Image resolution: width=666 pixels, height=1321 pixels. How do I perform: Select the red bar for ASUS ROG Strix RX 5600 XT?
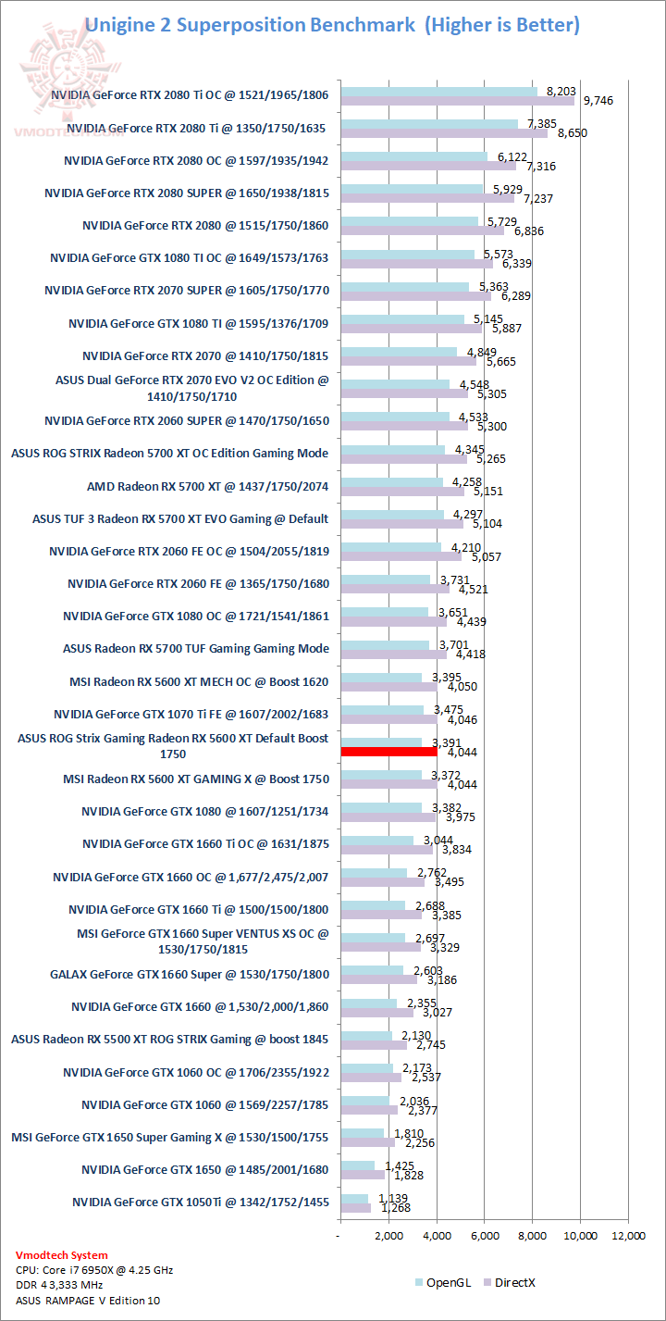click(x=388, y=752)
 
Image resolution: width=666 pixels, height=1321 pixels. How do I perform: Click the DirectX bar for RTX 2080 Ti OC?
click(x=457, y=100)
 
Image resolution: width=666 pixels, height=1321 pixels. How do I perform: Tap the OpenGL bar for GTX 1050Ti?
click(x=354, y=1198)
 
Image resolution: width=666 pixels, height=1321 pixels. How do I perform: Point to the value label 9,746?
click(x=597, y=100)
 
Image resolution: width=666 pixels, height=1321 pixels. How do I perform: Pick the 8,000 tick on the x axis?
click(x=533, y=1235)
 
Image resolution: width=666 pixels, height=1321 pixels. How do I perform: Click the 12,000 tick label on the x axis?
click(x=629, y=1235)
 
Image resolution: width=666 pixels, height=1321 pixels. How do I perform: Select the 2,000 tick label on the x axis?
click(x=388, y=1235)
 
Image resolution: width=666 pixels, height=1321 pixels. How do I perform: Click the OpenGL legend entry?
click(x=442, y=1282)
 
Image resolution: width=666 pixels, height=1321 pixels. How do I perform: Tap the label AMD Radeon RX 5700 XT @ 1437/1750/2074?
click(x=208, y=486)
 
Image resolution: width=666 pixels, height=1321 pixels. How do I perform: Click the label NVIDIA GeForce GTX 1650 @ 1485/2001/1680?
click(x=204, y=1169)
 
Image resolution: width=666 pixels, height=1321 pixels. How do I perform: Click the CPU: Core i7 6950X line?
click(x=94, y=1269)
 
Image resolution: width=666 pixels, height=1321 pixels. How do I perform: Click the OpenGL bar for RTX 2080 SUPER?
click(x=412, y=188)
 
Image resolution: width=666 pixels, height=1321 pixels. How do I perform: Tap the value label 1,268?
click(x=392, y=1207)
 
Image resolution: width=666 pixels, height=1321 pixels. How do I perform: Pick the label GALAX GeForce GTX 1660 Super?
click(x=189, y=974)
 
